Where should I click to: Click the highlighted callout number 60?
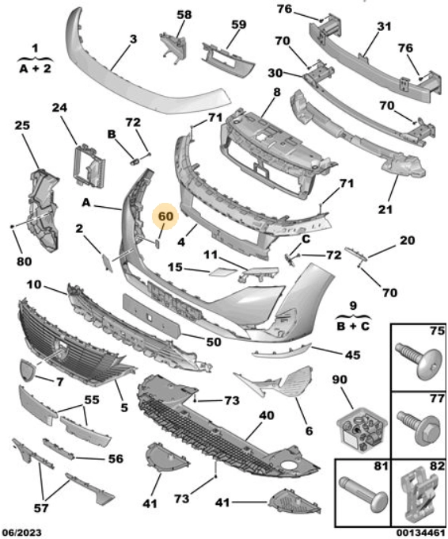point(165,216)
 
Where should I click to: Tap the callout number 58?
point(184,14)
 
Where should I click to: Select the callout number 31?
point(384,26)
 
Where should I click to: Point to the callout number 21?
point(385,209)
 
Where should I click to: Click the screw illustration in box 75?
point(419,360)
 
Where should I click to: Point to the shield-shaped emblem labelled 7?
point(27,370)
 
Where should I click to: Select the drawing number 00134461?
point(422,533)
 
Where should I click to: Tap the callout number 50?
point(213,342)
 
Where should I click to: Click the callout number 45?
point(352,355)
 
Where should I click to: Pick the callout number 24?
point(59,108)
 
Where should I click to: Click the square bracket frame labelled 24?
point(89,165)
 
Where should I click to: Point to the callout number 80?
point(24,262)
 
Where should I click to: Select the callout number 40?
point(267,415)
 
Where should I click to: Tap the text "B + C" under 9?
point(353,325)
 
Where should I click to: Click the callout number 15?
point(175,267)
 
